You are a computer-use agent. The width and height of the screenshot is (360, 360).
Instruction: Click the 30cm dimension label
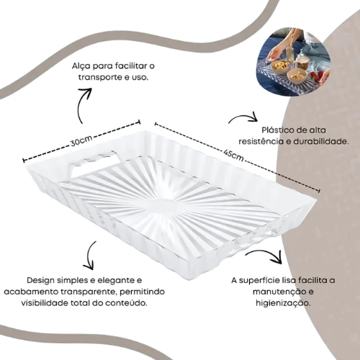tap(81, 141)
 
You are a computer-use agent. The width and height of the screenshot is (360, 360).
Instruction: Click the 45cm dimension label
tap(233, 156)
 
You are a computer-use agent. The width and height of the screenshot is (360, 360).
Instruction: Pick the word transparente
tap(89, 292)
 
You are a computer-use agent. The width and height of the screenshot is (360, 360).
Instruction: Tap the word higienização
tap(283, 303)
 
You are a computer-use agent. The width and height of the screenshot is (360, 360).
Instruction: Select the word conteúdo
tap(126, 303)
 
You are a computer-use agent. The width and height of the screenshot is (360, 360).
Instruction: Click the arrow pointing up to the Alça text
tap(84, 104)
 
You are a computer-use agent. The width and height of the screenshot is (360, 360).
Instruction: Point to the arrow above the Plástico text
tap(243, 118)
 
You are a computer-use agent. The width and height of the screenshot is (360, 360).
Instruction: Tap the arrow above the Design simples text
tap(89, 256)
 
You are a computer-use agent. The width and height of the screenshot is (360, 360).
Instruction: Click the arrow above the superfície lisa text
tap(265, 253)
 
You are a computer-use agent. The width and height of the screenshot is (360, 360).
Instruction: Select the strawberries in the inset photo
tap(315, 77)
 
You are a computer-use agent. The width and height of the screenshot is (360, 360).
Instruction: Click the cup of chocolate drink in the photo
tap(302, 63)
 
